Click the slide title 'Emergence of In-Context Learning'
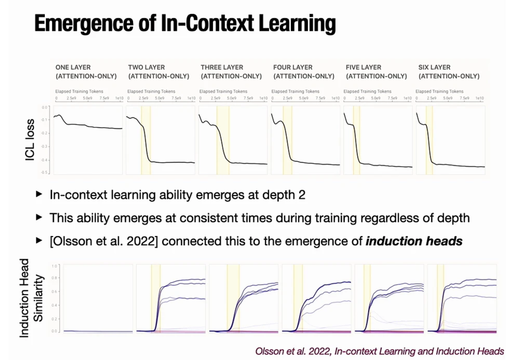pyautogui.click(x=185, y=24)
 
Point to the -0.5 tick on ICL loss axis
pyautogui.click(x=44, y=173)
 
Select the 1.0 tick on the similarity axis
pyautogui.click(x=54, y=266)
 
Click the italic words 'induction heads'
pyautogui.click(x=414, y=241)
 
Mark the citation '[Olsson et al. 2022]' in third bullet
pyautogui.click(x=104, y=241)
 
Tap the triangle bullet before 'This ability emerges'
pyautogui.click(x=39, y=218)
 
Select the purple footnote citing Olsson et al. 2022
pyautogui.click(x=379, y=351)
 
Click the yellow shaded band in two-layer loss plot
pyautogui.click(x=146, y=140)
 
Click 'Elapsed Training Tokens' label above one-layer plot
pyautogui.click(x=79, y=91)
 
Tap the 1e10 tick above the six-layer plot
pyautogui.click(x=479, y=98)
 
